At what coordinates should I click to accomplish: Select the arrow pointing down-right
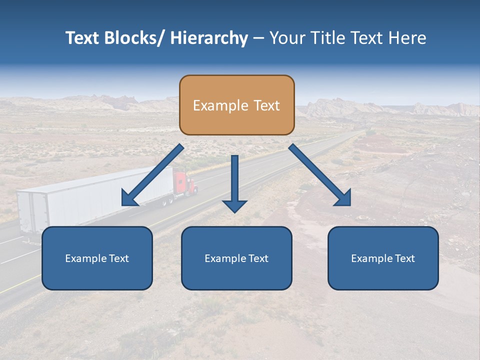pos(317,172)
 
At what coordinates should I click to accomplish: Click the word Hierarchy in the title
pos(209,38)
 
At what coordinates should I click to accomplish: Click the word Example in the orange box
pos(220,105)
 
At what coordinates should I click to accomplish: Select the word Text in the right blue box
pos(404,258)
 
